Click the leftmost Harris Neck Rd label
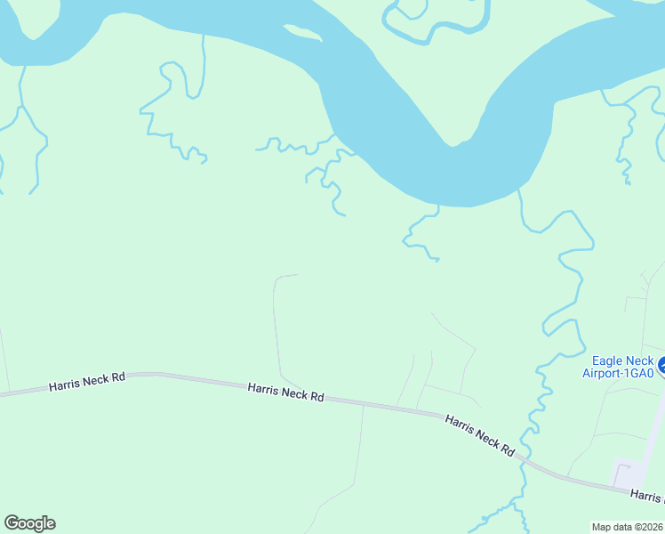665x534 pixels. click(87, 381)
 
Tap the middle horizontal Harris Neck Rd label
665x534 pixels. click(285, 391)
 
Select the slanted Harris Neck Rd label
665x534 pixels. click(480, 435)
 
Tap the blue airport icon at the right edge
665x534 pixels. click(661, 363)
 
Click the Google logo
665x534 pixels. click(29, 523)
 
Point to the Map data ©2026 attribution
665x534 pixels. click(628, 527)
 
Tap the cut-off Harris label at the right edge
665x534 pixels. click(647, 497)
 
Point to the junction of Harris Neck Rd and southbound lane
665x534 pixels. click(363, 405)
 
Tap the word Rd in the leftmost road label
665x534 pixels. click(117, 378)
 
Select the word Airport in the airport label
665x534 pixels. click(603, 373)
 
